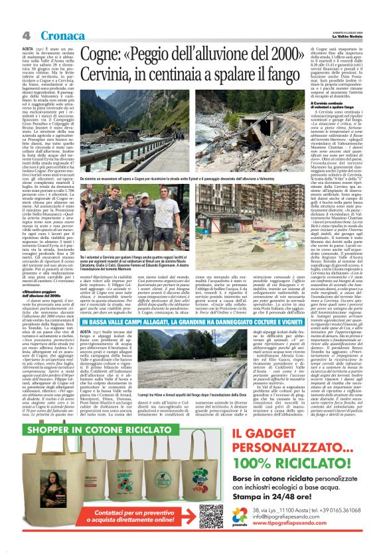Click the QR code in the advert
(211, 516)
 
